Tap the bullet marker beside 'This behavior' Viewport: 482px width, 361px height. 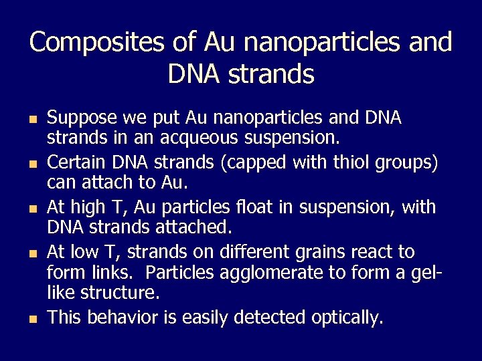[33, 318]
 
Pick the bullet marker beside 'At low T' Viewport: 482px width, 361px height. [33, 253]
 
